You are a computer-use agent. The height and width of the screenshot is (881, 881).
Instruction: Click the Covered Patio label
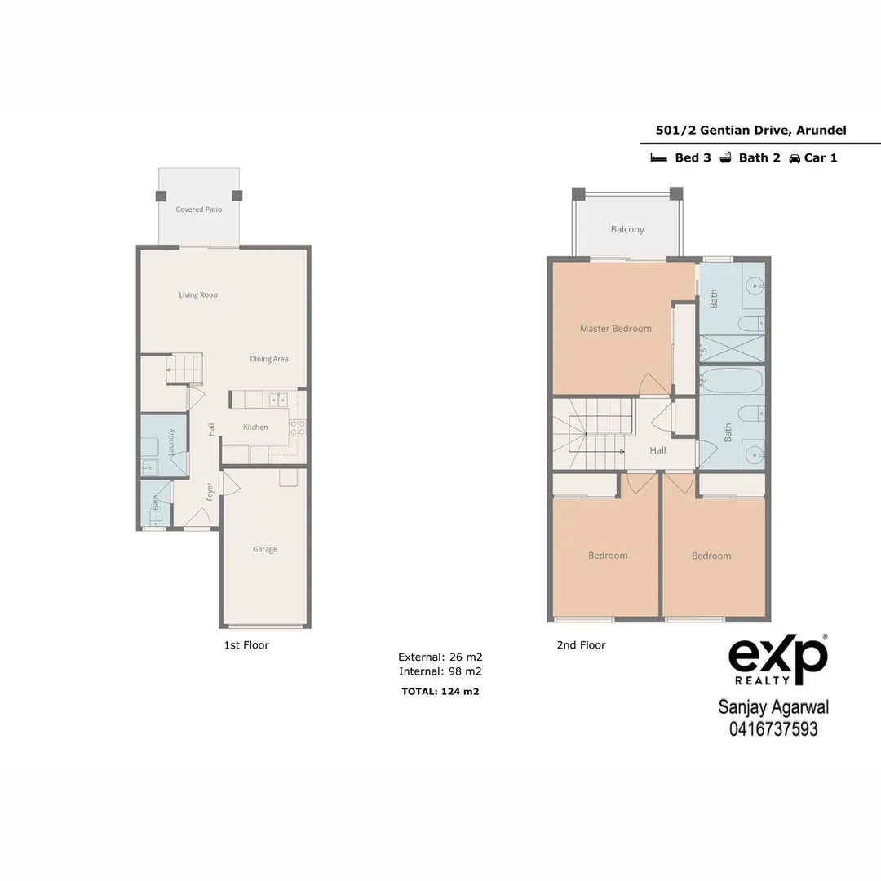(199, 210)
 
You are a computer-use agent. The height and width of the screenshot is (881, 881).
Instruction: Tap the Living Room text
(199, 295)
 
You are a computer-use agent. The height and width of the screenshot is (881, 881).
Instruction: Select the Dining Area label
(268, 359)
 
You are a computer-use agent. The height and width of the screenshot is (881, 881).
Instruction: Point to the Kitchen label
(255, 427)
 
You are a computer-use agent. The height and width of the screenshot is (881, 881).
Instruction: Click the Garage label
(264, 550)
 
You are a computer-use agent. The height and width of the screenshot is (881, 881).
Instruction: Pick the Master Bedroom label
(616, 329)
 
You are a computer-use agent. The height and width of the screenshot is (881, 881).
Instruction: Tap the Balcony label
(627, 230)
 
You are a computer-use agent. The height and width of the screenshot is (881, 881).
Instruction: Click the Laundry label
(171, 441)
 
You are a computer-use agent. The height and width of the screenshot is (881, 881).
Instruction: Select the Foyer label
(210, 491)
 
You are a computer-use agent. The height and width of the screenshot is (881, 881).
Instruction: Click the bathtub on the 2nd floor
(732, 381)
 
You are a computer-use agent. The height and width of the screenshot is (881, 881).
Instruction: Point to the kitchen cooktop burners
(298, 429)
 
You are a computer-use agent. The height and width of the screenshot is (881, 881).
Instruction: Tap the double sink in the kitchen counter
(278, 399)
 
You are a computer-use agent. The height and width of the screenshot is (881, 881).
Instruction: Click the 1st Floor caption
(246, 645)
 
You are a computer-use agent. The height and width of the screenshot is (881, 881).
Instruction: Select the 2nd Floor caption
(581, 645)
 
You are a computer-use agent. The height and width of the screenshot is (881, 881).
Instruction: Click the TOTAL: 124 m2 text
(440, 692)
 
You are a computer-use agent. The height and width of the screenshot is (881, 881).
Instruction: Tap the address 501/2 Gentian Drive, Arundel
(750, 131)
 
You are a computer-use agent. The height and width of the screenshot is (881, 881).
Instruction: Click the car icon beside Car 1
(794, 158)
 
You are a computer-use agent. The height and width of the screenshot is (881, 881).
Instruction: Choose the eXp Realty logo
(777, 659)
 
